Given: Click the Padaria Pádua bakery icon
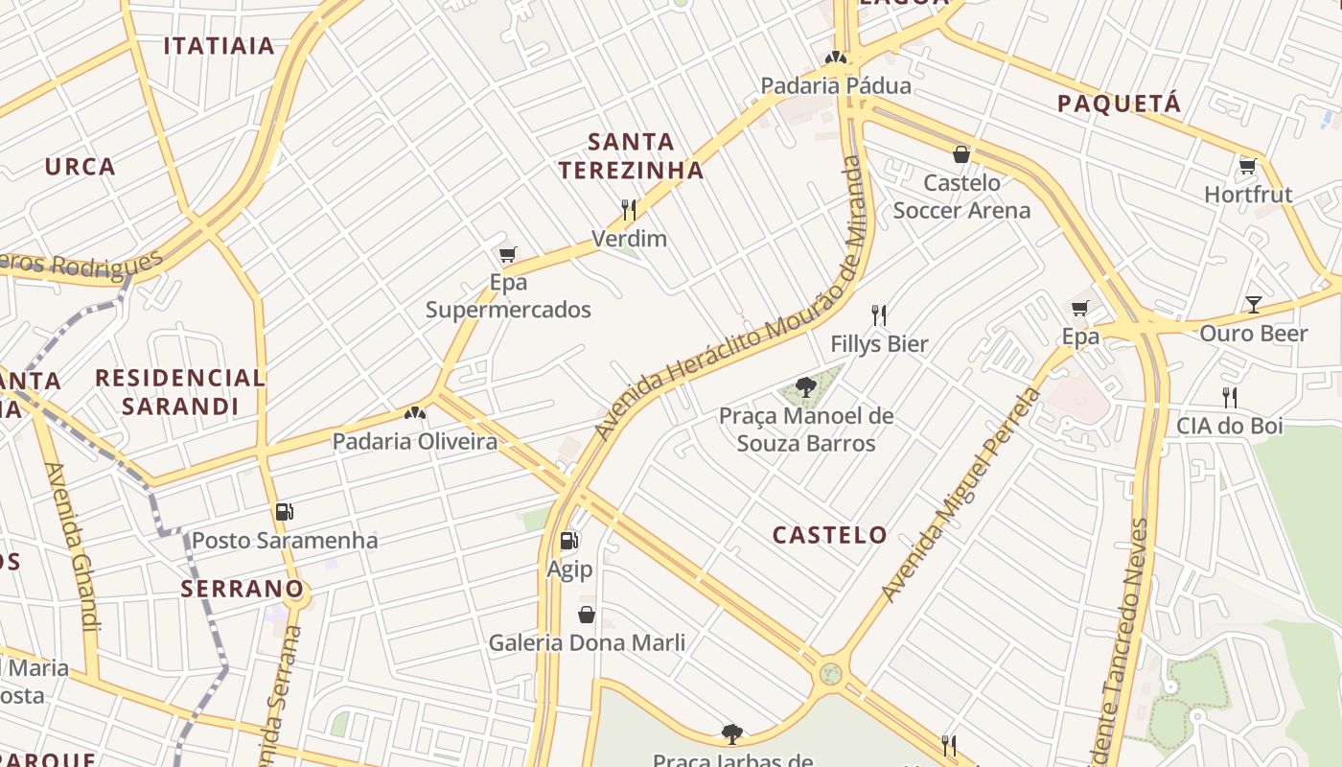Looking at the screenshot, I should [x=836, y=58].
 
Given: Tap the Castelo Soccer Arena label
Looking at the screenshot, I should [x=961, y=197].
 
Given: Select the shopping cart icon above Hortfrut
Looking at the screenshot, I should [x=1247, y=166].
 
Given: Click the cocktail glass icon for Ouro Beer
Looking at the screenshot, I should [x=1253, y=305].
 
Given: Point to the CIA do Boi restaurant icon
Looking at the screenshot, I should [x=1229, y=397].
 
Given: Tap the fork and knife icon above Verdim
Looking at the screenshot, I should [x=629, y=209].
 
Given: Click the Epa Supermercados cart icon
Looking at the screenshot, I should [x=508, y=254].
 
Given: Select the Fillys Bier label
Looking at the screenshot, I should [x=879, y=343].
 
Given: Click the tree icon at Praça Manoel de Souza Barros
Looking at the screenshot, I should [x=805, y=387].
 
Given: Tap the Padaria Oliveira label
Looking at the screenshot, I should [x=414, y=442].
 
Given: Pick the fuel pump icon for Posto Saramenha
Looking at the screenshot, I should [x=284, y=512].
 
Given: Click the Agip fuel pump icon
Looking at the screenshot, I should [x=569, y=541].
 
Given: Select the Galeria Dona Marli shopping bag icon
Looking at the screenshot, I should [x=587, y=614].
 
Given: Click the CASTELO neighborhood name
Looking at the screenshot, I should [x=830, y=535].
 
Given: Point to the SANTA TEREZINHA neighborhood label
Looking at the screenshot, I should [x=631, y=156].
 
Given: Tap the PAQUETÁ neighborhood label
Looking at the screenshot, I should [x=1119, y=104].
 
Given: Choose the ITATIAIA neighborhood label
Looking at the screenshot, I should [x=220, y=46].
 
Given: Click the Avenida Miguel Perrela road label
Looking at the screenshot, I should [x=961, y=495].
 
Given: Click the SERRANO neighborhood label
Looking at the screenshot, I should [x=243, y=589].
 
